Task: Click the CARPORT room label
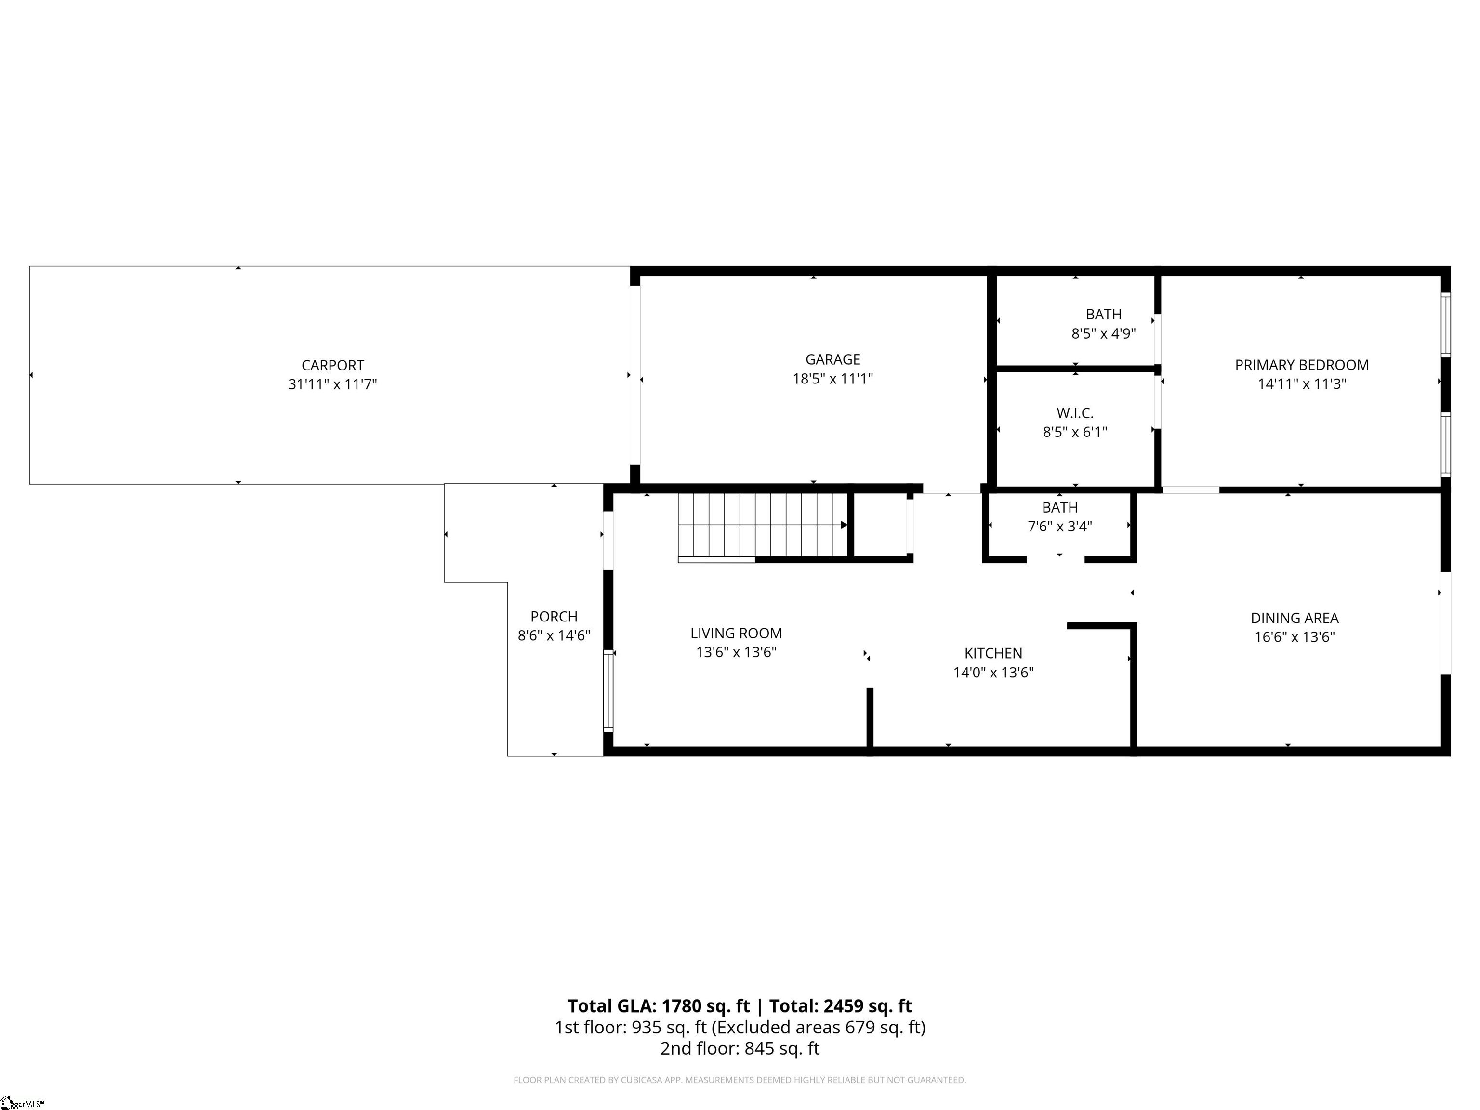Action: (x=332, y=365)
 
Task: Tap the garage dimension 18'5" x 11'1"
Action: (x=832, y=379)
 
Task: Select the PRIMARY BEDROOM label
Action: (x=1301, y=365)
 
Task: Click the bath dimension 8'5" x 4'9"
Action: (x=1103, y=333)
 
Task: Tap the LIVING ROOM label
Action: (x=736, y=633)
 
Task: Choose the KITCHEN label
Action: (x=993, y=653)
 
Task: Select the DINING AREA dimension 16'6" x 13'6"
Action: (x=1294, y=637)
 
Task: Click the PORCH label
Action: (x=554, y=616)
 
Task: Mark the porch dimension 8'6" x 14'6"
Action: (x=554, y=635)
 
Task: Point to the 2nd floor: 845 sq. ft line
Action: (x=740, y=1048)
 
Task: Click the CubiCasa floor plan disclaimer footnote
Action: (x=740, y=1080)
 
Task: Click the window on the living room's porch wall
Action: (x=608, y=690)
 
